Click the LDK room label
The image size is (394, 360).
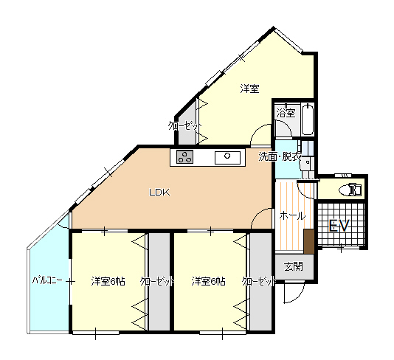point(159,193)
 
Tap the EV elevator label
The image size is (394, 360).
point(339,225)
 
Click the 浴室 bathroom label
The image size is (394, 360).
point(286,113)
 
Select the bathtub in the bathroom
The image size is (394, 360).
point(308,120)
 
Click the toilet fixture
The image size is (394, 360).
point(350,190)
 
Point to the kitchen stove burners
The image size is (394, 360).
point(185,156)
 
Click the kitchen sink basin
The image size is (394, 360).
point(227,158)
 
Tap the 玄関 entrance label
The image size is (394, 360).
point(294,266)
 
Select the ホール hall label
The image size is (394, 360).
point(292,216)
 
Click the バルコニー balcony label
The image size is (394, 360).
point(47,280)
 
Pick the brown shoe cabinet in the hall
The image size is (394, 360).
point(309,241)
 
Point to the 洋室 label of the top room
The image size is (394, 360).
point(249,89)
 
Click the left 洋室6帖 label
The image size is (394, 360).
point(108,281)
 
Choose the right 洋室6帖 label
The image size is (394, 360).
point(208,281)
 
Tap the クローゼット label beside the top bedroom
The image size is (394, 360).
point(185,125)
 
